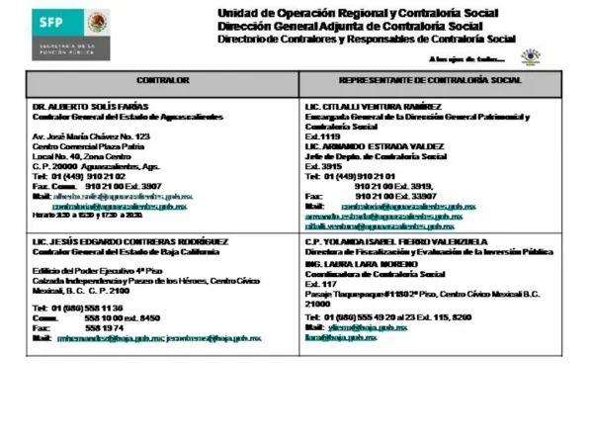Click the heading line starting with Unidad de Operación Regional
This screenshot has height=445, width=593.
point(358,11)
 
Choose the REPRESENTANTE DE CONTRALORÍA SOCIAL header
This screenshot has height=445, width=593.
point(430,79)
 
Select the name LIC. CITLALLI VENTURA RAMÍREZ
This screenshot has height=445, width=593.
point(373,106)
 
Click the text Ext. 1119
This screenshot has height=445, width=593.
point(322,136)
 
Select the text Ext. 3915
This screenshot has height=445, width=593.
point(322,166)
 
